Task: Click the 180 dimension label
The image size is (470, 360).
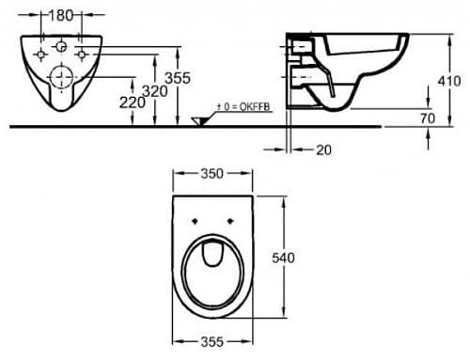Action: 61,15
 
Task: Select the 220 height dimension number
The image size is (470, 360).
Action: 133,102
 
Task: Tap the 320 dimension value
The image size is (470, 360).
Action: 155,91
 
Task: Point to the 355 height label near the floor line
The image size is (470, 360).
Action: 178,78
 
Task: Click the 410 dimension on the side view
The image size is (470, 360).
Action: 449,81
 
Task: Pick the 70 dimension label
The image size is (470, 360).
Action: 428,118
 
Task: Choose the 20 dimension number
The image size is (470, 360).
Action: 323,150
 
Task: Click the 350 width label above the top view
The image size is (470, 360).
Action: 212,174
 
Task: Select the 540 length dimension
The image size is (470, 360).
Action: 283,258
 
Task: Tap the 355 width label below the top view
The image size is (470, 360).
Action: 212,341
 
